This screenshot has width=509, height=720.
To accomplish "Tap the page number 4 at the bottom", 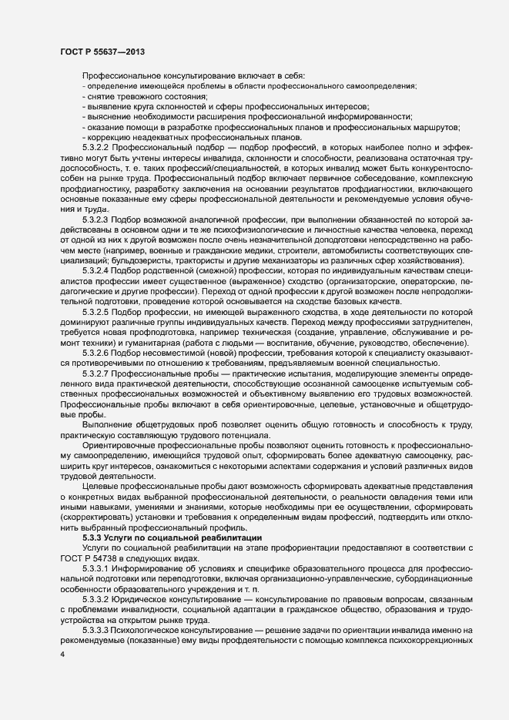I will coord(62,654).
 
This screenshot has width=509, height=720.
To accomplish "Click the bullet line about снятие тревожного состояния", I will coord(136,96).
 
